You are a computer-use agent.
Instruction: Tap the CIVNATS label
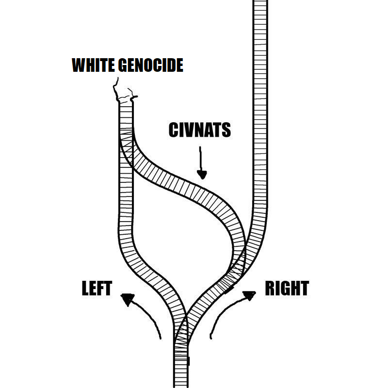click(x=199, y=130)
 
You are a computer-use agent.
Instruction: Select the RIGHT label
click(x=287, y=289)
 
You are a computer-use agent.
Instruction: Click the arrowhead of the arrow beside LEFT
click(x=127, y=299)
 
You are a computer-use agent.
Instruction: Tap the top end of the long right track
click(x=260, y=2)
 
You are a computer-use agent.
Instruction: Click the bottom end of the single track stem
click(x=180, y=385)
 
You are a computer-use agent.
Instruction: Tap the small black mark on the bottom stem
click(x=188, y=361)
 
